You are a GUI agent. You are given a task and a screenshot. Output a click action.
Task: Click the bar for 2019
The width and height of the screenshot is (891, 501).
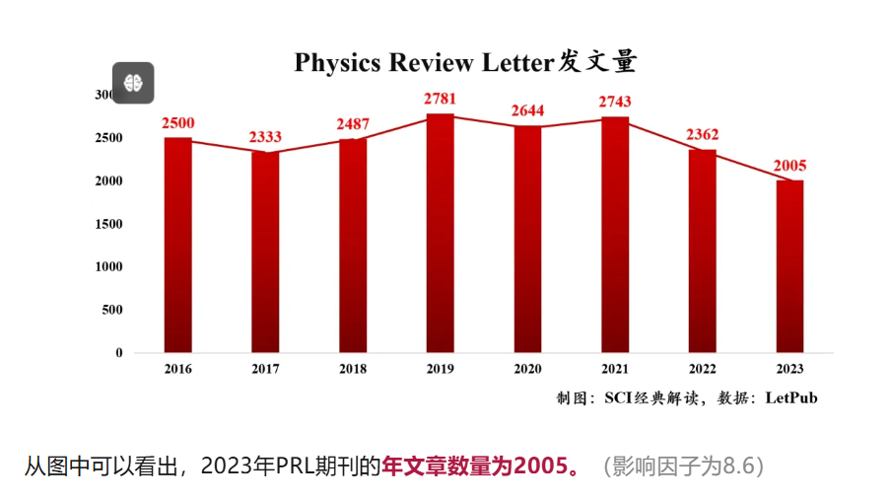coord(441,234)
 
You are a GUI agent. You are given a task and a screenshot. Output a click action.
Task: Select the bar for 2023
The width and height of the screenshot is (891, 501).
coord(789,266)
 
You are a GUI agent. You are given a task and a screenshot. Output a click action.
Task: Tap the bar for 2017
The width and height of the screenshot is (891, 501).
coord(265,252)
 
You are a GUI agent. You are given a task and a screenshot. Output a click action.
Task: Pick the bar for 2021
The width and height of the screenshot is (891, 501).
coord(615,235)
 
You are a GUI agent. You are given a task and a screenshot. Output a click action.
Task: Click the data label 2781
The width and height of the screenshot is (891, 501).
coord(441,99)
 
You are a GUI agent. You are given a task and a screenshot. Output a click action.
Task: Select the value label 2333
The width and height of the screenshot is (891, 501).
coord(265,136)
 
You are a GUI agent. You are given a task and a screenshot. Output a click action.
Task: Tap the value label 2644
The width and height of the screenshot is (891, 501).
coord(527,110)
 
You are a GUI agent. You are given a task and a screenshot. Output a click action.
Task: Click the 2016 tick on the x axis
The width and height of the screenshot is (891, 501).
coord(178,369)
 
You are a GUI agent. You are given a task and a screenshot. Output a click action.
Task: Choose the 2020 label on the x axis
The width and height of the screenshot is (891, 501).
coord(527,369)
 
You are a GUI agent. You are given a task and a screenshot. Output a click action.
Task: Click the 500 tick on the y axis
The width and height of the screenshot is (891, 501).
coord(112,310)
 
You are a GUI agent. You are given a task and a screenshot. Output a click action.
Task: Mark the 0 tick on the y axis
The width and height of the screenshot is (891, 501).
coord(119,352)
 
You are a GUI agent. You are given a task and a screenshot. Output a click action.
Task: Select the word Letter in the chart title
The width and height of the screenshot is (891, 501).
coord(517,63)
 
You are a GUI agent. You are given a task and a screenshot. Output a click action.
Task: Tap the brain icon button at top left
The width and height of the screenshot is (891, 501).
coord(133,82)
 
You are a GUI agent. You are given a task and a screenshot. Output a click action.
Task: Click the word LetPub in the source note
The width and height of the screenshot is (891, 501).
coord(790,398)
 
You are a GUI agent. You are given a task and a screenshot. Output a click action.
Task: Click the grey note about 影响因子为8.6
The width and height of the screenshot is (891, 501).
coord(684,465)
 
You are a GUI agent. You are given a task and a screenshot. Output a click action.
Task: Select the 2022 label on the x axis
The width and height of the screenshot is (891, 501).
coord(703,369)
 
